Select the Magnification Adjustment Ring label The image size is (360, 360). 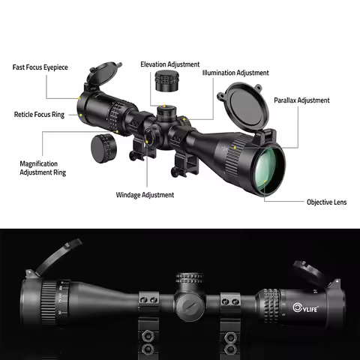click(x=42, y=167)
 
